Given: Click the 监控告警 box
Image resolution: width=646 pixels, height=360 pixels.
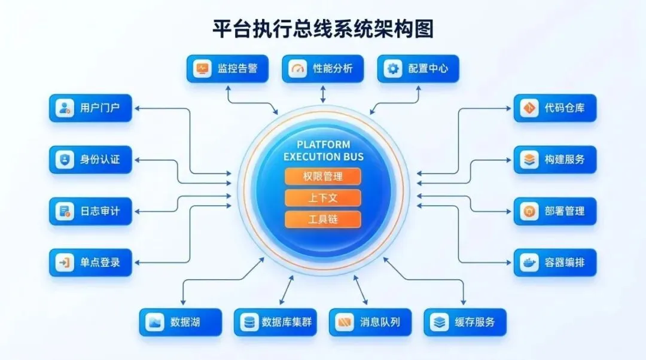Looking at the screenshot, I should [x=227, y=69].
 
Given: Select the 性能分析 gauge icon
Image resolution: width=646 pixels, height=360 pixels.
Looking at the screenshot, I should [x=297, y=69].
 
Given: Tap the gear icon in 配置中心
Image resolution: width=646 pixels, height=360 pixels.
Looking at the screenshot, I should [x=393, y=69].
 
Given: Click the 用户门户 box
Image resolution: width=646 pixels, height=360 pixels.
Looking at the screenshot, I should [x=90, y=108].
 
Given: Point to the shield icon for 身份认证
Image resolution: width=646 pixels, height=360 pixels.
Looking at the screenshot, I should [x=64, y=160].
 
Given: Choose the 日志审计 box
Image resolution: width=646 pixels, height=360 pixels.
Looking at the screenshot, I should [x=90, y=211].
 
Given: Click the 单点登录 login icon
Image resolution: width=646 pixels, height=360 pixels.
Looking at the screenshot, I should [x=64, y=262].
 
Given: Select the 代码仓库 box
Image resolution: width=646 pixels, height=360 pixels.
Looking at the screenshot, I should [x=554, y=108].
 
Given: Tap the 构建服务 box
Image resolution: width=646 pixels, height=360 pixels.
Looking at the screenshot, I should [x=554, y=160].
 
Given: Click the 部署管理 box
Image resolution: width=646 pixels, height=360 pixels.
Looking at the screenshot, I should [x=554, y=211].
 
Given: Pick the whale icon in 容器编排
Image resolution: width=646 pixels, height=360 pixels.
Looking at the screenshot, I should [x=529, y=262].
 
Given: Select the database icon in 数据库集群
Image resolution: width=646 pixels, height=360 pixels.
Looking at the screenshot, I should [x=248, y=322].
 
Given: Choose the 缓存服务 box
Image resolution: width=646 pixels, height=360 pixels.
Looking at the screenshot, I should [x=464, y=322].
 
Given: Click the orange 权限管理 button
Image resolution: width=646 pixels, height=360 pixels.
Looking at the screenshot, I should [x=323, y=176].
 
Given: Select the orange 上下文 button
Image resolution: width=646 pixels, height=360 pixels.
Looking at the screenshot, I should [x=323, y=198].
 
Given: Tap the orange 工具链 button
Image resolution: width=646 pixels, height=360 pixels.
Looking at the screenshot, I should [x=323, y=219].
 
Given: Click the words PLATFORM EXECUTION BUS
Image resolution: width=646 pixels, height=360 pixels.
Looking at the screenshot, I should [x=323, y=151].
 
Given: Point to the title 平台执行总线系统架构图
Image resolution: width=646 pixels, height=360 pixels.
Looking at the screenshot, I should [x=323, y=29].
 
